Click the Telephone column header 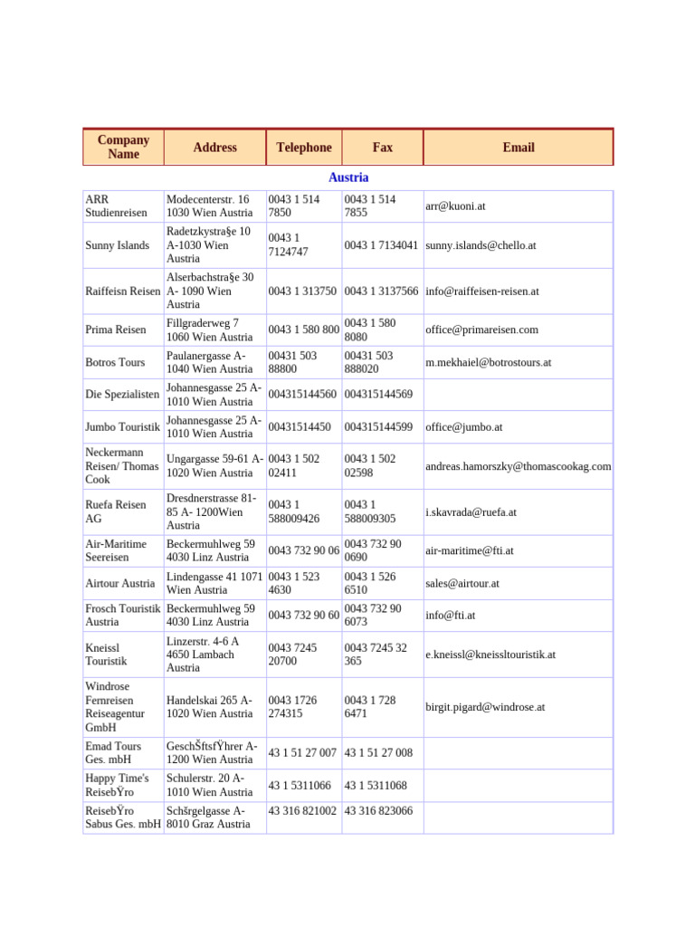[304, 148]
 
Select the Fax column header [382, 148]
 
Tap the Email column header [519, 148]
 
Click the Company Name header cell [123, 148]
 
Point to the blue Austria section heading [348, 177]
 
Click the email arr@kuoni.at [455, 206]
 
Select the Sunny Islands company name [117, 245]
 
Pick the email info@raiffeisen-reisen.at [482, 291]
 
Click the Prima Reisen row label [115, 330]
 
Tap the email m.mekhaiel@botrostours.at [488, 362]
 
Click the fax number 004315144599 [378, 427]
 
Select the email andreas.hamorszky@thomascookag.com [518, 466]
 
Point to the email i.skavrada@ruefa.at [471, 512]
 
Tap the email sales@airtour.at [462, 584]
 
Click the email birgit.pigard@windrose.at [485, 707]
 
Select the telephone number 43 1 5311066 [300, 786]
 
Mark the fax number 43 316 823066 [378, 811]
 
